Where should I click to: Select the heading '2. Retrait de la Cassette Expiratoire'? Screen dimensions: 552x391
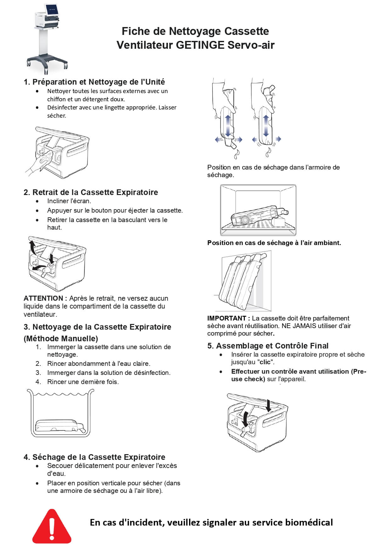91,192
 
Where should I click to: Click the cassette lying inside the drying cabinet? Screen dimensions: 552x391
257,216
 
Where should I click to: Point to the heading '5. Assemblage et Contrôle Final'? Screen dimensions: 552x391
268,346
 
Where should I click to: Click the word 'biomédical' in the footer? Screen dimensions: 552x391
309,522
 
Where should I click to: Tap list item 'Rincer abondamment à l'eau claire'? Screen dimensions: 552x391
99,364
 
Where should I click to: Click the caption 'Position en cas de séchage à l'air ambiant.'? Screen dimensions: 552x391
274,243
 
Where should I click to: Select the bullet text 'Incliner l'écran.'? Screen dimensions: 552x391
69,201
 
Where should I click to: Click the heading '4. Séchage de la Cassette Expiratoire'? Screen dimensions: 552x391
94,457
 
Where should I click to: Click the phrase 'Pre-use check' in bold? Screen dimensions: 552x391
299,375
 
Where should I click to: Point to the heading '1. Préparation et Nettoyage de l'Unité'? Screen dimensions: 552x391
94,82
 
